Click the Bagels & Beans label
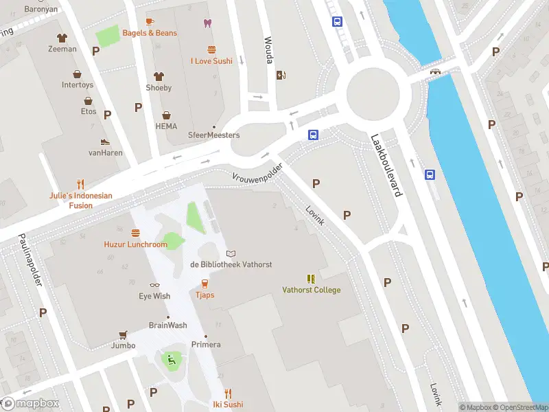(150, 33)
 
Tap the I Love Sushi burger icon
(211, 49)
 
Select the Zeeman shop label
(62, 49)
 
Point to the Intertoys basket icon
(78, 73)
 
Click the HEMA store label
(166, 126)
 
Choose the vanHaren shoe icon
(105, 142)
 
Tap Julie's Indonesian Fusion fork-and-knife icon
(80, 184)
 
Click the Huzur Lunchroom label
(135, 244)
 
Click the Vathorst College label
(311, 290)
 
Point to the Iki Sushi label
(228, 404)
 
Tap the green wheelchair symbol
(172, 358)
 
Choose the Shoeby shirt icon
(159, 77)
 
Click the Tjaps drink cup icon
(205, 284)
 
